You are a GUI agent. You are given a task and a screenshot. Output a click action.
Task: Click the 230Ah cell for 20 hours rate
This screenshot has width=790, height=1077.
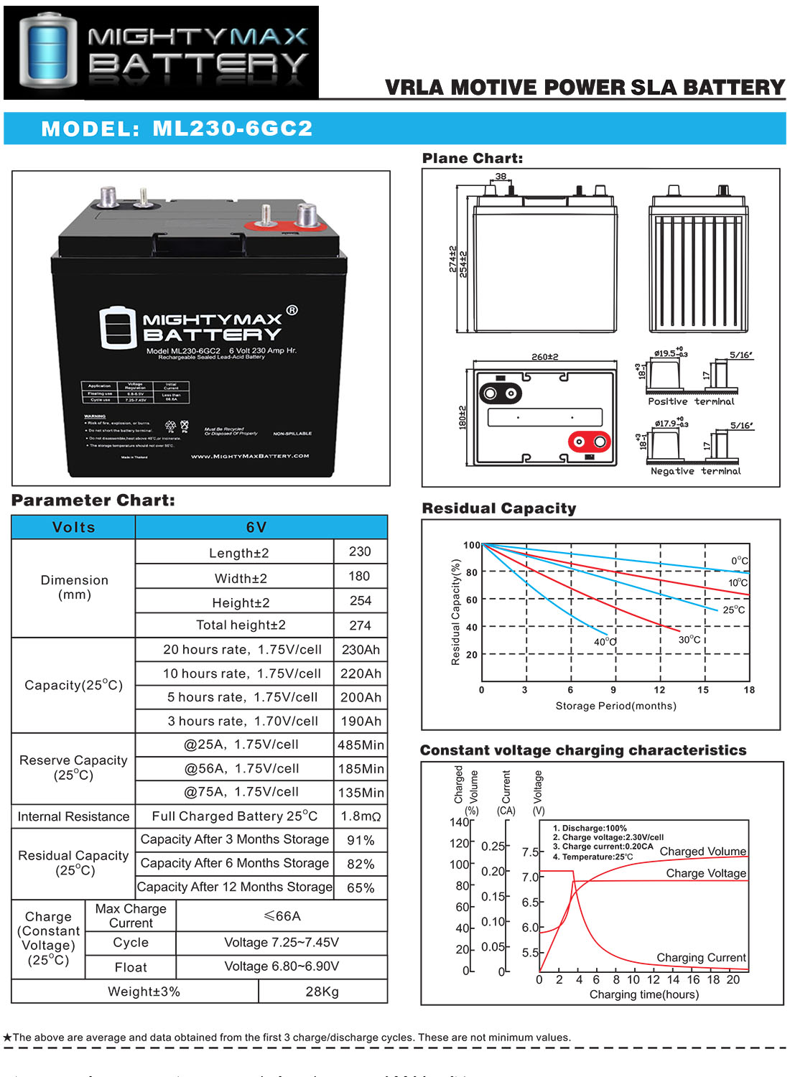pos(361,650)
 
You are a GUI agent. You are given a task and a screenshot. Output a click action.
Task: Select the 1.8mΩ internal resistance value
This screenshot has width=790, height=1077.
pos(361,816)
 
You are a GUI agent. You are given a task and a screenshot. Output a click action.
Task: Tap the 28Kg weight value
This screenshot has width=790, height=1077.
pos(322,992)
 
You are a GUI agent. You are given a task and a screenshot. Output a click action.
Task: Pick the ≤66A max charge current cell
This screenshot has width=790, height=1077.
pos(282,916)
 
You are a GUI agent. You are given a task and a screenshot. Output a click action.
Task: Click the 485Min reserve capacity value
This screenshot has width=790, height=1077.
pos(361,745)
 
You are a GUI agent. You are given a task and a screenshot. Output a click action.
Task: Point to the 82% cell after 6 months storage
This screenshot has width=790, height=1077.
pos(361,864)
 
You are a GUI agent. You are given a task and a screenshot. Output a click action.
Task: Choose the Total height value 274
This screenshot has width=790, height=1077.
pos(360,625)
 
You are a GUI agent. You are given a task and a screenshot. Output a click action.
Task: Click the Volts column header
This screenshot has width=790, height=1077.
pos(73,528)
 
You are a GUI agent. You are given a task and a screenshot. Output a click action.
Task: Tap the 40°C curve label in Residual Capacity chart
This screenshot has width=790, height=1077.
pos(605,642)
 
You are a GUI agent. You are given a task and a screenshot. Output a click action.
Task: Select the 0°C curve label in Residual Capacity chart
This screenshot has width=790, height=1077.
pos(739,561)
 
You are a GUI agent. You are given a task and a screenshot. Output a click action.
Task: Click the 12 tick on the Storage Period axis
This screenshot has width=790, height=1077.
pos(659,690)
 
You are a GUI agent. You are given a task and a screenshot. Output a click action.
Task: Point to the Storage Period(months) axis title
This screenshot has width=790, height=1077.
pos(615,706)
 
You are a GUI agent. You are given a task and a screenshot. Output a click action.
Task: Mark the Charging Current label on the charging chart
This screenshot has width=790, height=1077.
pos(701,958)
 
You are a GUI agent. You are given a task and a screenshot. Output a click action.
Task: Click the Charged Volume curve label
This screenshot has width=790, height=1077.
pos(702,852)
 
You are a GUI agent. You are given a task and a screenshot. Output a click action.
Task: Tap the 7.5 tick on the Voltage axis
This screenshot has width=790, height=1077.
pos(530,852)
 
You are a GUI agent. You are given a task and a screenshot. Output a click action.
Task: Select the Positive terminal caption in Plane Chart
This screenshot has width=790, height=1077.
pos(691,402)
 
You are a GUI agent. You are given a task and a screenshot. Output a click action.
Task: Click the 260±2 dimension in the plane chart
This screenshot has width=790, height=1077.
pos(544,357)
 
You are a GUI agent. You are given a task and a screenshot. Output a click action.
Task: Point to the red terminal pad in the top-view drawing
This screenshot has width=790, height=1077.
pos(589,442)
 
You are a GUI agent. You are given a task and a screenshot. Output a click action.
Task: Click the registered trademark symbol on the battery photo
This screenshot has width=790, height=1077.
pos(292,310)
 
